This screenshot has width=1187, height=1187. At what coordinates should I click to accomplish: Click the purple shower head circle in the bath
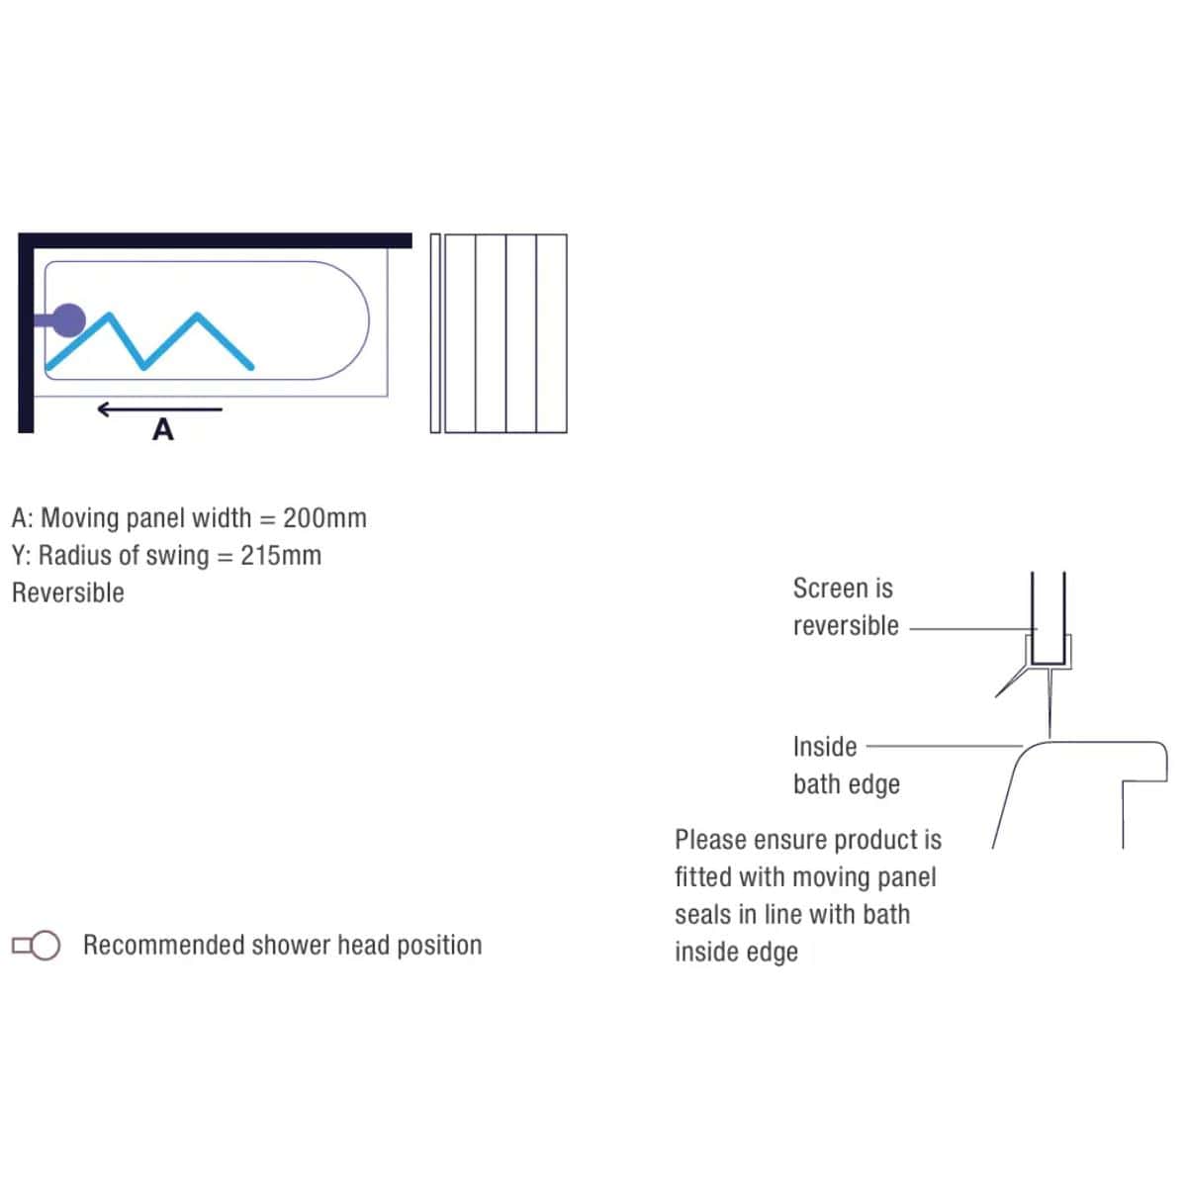[68, 320]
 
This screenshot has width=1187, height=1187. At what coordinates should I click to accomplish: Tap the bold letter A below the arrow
[162, 429]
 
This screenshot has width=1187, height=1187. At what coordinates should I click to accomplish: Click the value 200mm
[324, 518]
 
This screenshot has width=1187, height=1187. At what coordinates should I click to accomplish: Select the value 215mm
[281, 556]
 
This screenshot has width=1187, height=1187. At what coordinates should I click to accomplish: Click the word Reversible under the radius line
[68, 593]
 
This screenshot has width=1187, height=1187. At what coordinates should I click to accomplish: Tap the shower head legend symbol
[37, 945]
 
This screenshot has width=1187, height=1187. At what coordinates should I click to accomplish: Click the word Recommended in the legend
[163, 945]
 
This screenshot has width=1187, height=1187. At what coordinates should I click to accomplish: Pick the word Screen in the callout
[826, 589]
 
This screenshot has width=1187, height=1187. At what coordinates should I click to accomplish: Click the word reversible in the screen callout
[846, 626]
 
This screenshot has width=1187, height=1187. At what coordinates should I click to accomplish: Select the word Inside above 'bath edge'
[825, 747]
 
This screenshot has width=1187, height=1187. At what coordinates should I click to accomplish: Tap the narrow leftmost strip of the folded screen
[435, 333]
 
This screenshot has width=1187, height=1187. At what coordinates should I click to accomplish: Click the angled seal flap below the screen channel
[1011, 684]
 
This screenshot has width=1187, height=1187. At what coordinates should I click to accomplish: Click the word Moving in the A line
[80, 518]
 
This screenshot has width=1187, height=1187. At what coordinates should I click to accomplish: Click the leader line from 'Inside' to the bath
[945, 746]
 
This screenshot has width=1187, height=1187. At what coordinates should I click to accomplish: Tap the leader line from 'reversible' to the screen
[974, 629]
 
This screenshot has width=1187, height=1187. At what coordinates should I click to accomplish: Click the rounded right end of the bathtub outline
[368, 320]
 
